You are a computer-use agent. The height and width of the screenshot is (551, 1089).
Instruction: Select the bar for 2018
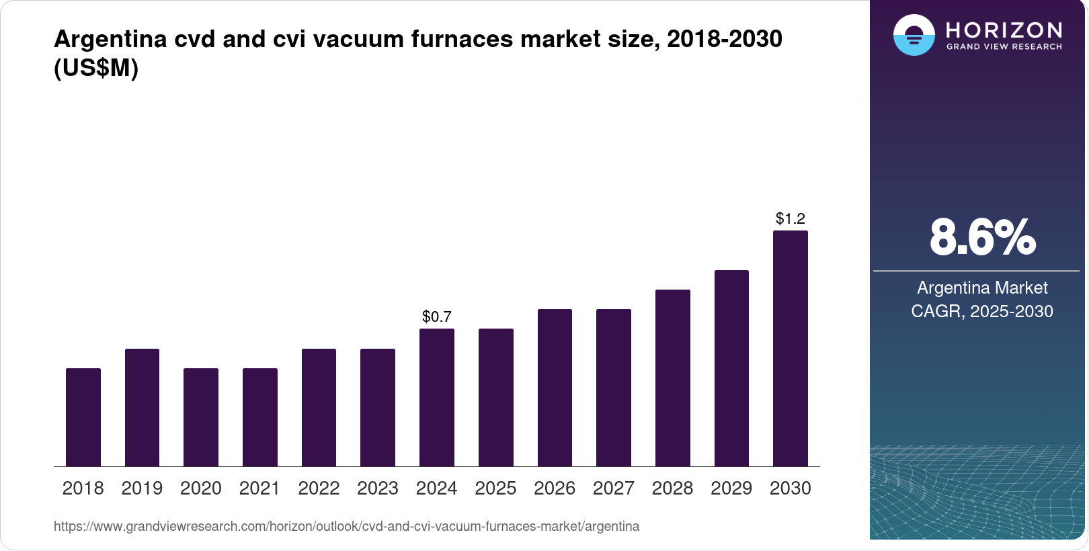tap(83, 417)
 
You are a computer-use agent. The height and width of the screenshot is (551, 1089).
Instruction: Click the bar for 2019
tap(142, 407)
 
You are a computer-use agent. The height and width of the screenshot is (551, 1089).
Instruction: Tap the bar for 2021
tap(260, 417)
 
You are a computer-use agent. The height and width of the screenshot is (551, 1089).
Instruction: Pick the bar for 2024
tap(437, 397)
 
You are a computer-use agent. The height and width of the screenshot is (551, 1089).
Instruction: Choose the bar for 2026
tap(555, 388)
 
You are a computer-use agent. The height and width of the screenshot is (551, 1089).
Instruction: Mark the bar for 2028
tap(673, 378)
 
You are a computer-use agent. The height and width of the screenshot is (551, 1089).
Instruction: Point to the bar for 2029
tap(731, 368)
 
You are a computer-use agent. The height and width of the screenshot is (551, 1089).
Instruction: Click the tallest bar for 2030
tap(791, 348)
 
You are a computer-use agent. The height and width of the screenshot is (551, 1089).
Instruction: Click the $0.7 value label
tap(437, 316)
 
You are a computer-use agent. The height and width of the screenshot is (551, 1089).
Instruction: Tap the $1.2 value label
tap(791, 218)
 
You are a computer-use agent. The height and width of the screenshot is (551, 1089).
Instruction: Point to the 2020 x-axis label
tap(201, 489)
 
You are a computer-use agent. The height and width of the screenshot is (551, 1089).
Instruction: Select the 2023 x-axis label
tap(378, 489)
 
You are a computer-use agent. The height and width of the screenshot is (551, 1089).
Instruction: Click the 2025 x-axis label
tap(495, 489)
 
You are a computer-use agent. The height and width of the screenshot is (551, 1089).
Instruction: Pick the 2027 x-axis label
tap(614, 489)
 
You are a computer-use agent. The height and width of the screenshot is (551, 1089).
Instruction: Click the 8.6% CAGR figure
tap(982, 237)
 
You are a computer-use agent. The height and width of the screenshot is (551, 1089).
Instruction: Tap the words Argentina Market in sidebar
tap(982, 288)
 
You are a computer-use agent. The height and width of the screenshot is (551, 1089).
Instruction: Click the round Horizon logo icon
tap(914, 35)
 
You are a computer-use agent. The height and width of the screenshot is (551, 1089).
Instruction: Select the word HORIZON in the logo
tap(1004, 30)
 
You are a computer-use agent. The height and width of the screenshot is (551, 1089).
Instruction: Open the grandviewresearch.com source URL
tap(346, 526)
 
